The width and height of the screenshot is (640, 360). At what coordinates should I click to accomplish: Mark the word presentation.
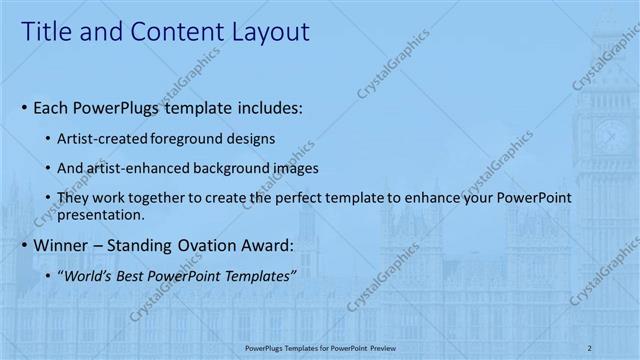point(102,214)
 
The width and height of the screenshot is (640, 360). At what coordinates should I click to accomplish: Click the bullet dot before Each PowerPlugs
point(24,107)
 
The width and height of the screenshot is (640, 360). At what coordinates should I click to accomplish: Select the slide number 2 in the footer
point(590,347)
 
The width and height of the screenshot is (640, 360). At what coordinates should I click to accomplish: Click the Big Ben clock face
point(612,136)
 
